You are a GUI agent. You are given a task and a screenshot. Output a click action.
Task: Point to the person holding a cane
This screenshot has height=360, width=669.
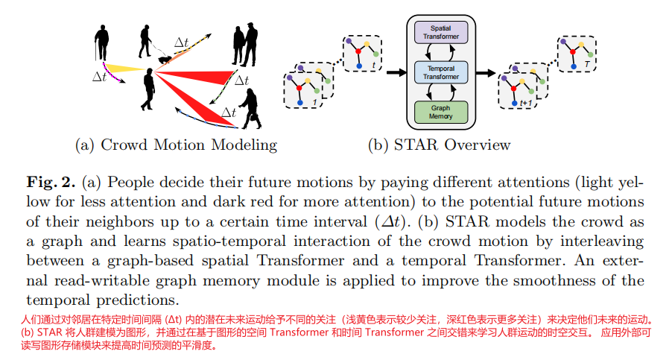[x=101, y=43]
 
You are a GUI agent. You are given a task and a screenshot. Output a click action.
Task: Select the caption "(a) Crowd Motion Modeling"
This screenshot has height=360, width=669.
[x=176, y=145]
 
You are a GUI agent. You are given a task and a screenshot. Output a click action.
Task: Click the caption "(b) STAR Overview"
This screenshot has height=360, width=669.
[x=440, y=145]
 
